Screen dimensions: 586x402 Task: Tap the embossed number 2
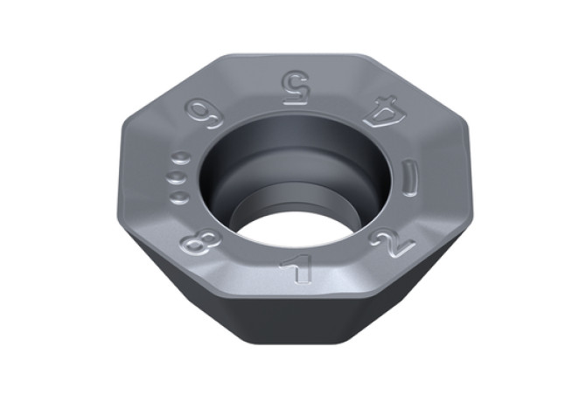pyautogui.click(x=393, y=243)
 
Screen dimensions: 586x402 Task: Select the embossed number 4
pyautogui.click(x=380, y=111)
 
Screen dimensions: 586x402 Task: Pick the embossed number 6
pyautogui.click(x=204, y=114)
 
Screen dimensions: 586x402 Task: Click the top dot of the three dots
pyautogui.click(x=182, y=158)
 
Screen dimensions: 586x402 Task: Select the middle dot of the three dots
pyautogui.click(x=178, y=177)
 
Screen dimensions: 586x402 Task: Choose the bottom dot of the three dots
pyautogui.click(x=179, y=198)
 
